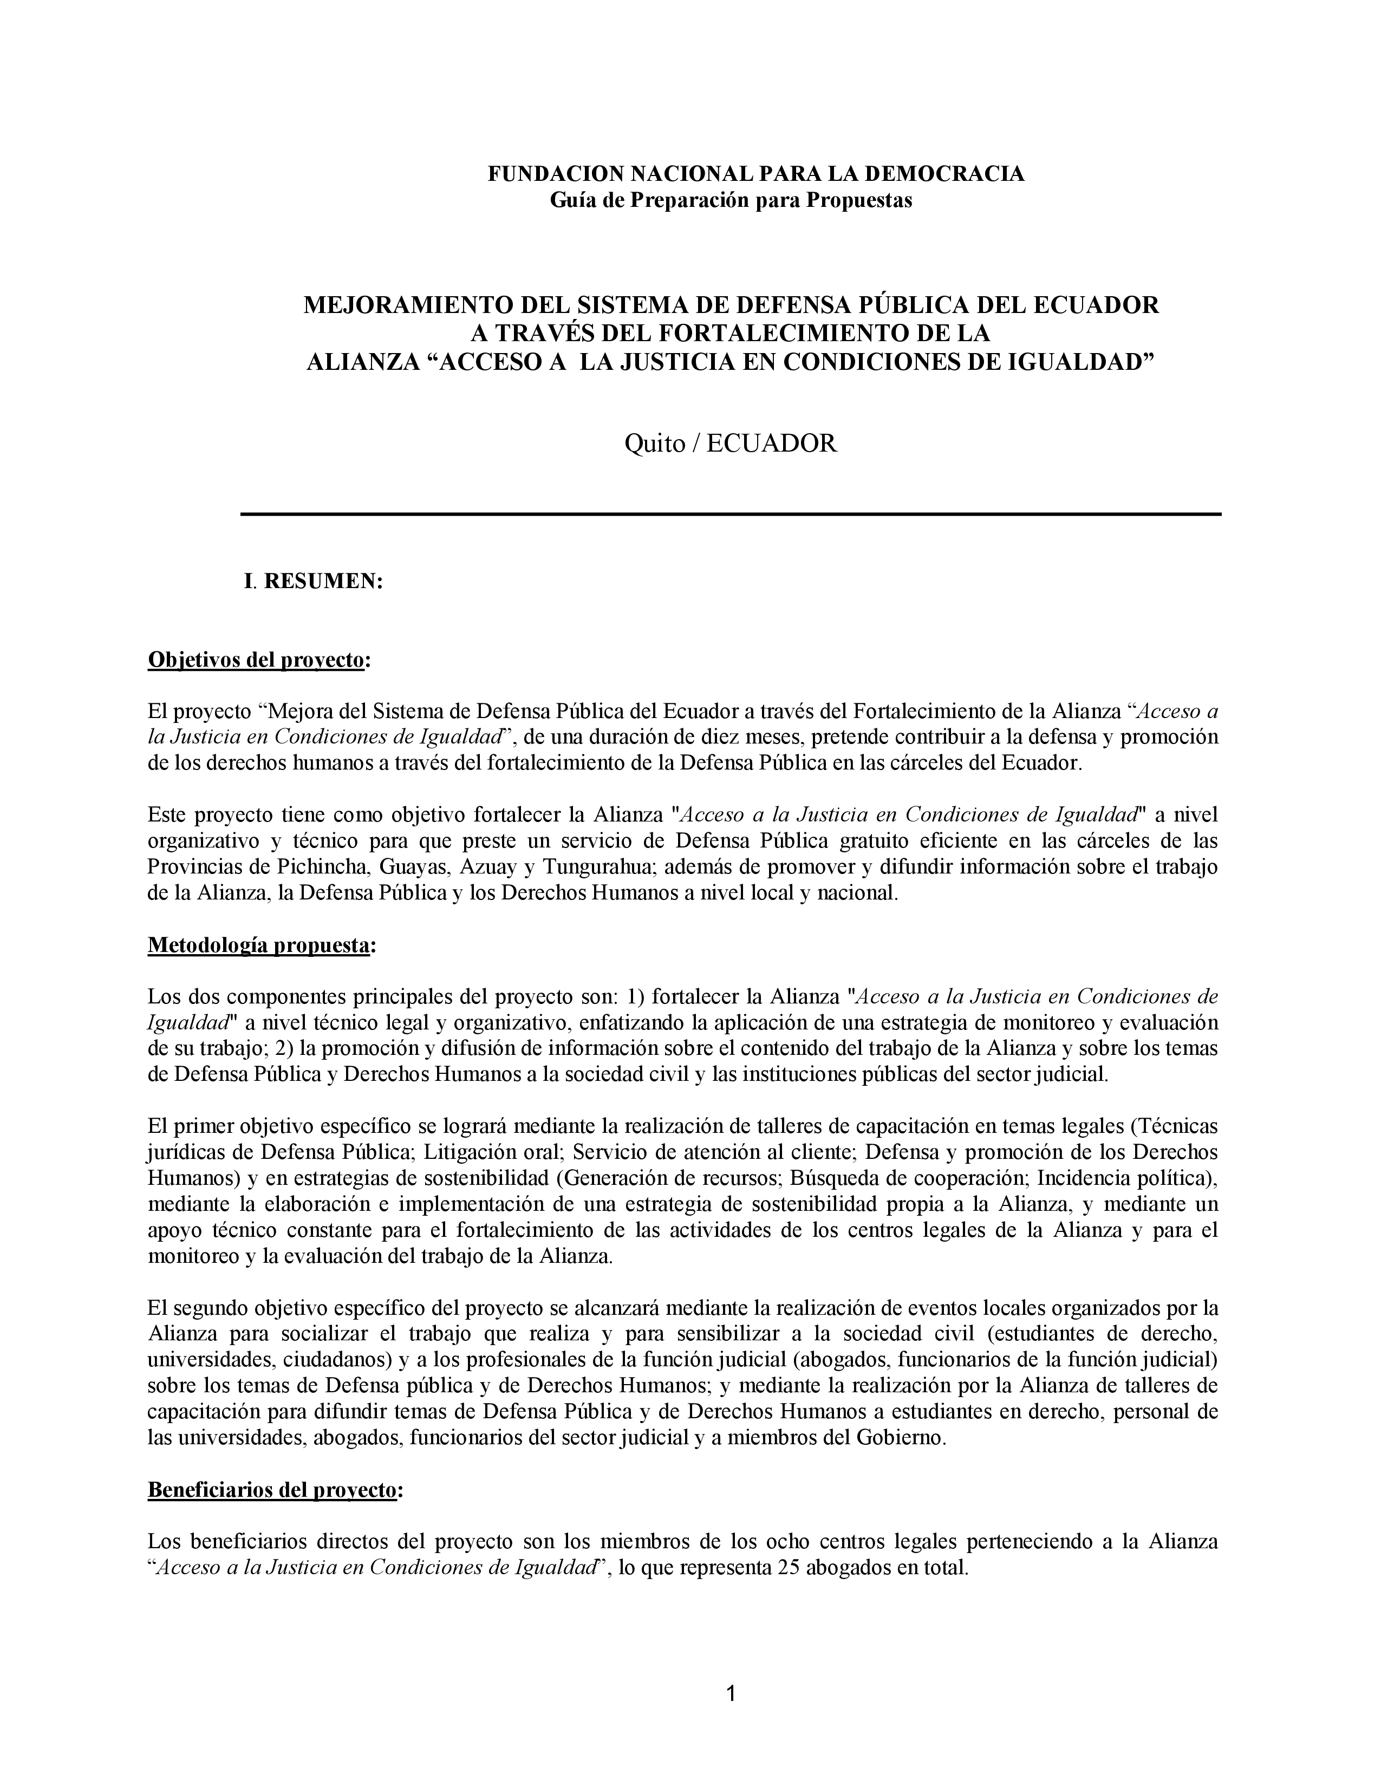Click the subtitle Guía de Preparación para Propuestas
click(731, 200)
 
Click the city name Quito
click(655, 444)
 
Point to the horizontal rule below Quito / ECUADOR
click(731, 514)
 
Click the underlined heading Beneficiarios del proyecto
click(272, 1490)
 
